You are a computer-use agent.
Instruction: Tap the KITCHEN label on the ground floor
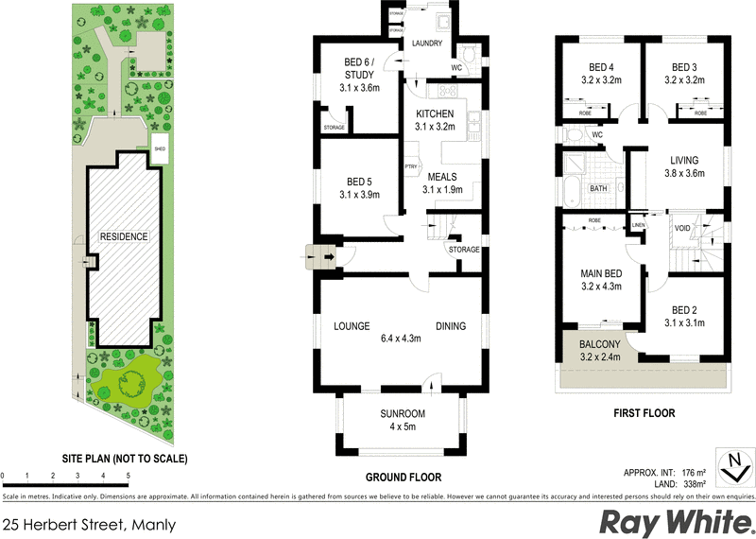436,113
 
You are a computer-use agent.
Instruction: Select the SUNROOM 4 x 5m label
403,414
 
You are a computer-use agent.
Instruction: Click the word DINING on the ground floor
451,326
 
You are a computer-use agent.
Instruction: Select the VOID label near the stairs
682,228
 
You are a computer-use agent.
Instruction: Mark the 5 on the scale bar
128,475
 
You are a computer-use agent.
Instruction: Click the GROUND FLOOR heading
403,478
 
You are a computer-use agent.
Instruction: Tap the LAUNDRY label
425,43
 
